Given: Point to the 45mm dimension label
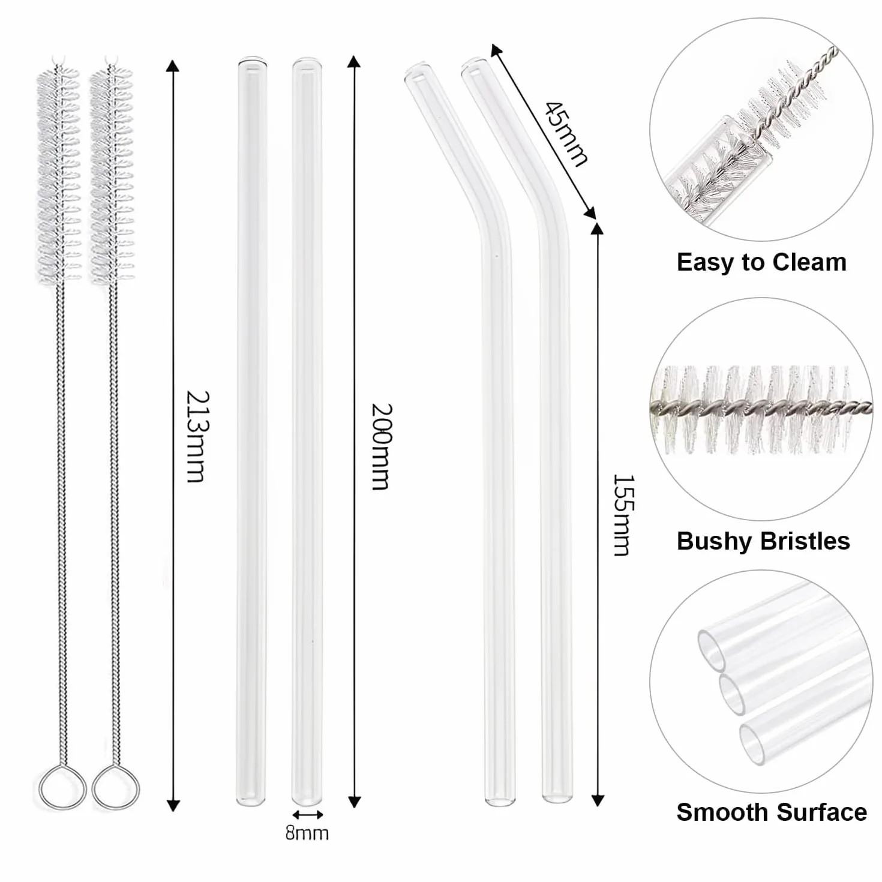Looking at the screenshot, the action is (x=566, y=134).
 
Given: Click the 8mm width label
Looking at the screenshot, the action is (x=307, y=833).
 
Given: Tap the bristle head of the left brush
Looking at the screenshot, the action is (x=58, y=174).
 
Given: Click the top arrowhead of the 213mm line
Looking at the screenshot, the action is (x=173, y=67).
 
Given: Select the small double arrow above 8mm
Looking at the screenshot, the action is (x=308, y=815).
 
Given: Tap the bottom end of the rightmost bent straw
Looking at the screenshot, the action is (x=557, y=798).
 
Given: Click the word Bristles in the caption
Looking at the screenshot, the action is (x=806, y=541).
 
